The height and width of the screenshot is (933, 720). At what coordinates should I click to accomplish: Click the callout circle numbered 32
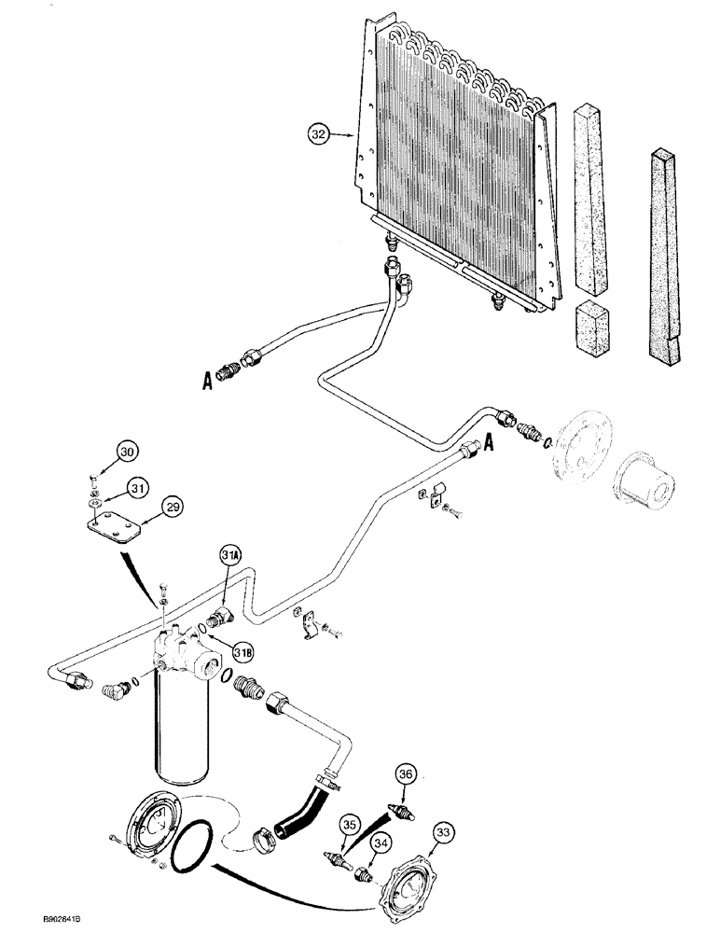[x=320, y=135]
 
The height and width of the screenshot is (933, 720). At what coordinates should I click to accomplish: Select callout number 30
[x=127, y=452]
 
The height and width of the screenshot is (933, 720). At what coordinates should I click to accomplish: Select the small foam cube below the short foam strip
[x=593, y=329]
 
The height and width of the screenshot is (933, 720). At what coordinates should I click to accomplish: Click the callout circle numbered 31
[x=137, y=485]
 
